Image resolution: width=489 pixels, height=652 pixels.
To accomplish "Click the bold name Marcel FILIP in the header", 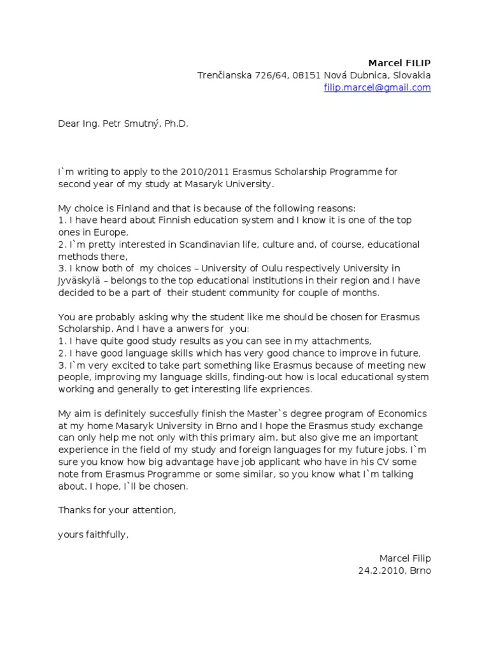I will coord(400,62).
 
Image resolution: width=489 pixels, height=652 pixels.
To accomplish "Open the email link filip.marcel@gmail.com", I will coord(378,88).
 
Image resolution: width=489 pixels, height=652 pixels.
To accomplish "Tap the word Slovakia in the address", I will coord(411,75).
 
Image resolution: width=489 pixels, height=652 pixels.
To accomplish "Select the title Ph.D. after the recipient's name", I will coord(176,124).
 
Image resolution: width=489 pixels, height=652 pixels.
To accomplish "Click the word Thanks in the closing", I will coord(73,510).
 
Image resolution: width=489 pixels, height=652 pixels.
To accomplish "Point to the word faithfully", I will coord(105,534).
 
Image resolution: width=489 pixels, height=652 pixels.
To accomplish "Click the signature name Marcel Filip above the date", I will coord(405,558).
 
